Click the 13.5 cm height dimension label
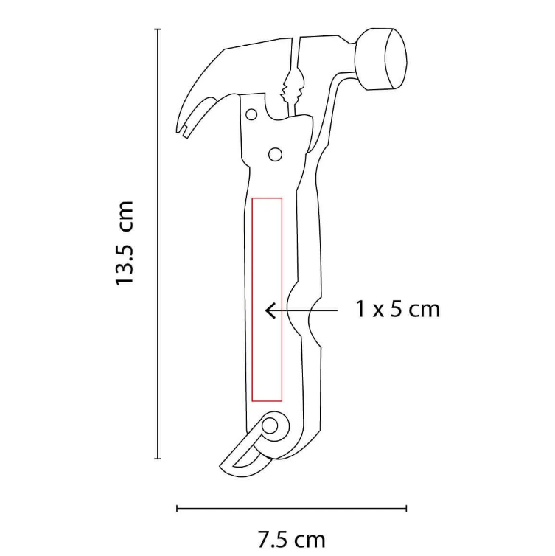[125, 243]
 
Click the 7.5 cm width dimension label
[291, 540]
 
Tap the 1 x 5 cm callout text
[398, 309]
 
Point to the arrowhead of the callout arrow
[270, 310]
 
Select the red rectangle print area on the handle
[267, 299]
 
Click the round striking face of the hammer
[396, 58]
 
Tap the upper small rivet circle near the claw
[251, 114]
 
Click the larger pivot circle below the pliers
[276, 155]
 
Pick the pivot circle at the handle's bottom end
[270, 425]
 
